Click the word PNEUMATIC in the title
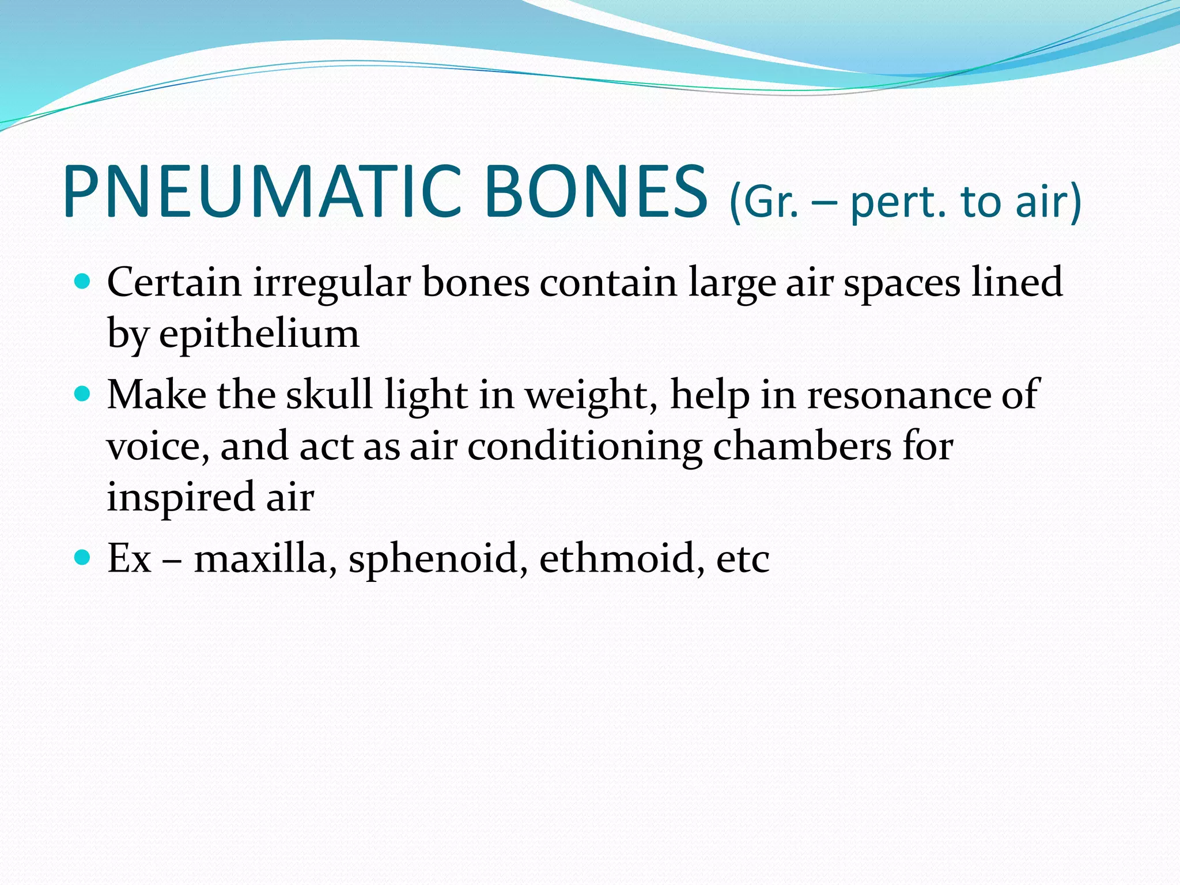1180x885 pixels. point(262,191)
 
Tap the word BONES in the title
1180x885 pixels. point(596,191)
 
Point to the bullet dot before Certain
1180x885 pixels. point(83,282)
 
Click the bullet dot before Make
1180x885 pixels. point(83,394)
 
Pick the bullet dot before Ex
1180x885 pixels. point(83,557)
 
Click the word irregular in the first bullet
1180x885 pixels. point(331,283)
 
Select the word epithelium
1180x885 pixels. point(259,334)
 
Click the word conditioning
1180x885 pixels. point(584,447)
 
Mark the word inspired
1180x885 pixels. point(180,497)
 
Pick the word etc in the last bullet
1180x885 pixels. point(743,559)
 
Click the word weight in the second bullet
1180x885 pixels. point(591,396)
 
